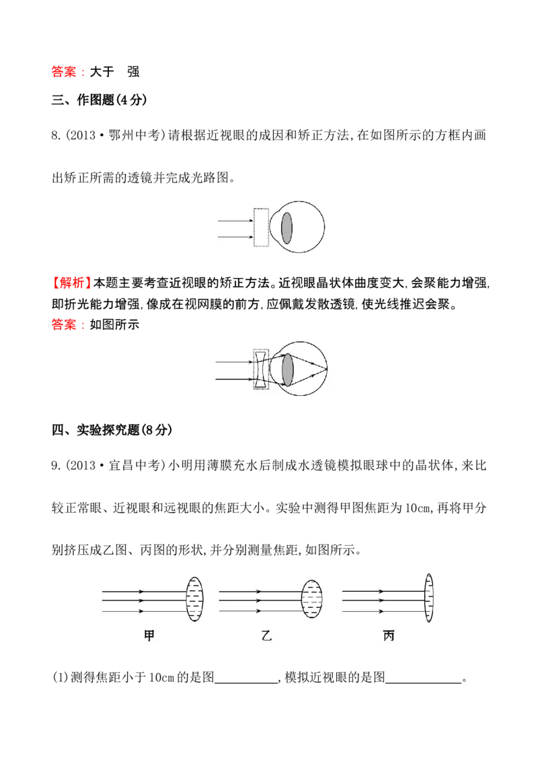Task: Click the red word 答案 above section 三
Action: pos(64,72)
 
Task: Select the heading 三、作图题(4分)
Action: pos(99,100)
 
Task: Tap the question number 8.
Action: pos(56,135)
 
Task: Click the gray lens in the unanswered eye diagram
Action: pos(286,228)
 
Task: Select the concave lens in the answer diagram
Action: pos(261,370)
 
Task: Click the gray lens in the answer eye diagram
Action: pos(287,370)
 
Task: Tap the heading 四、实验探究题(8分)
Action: pos(112,429)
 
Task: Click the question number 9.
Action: pos(56,466)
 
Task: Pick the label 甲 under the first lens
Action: pos(149,635)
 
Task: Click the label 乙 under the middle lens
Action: pos(266,635)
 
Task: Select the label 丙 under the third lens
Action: pos(389,635)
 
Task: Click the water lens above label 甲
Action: pos(194,599)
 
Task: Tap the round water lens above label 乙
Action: pos(312,599)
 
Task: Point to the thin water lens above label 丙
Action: pos(429,598)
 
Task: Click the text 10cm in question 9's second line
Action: pos(417,508)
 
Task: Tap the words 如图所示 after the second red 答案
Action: pos(114,324)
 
